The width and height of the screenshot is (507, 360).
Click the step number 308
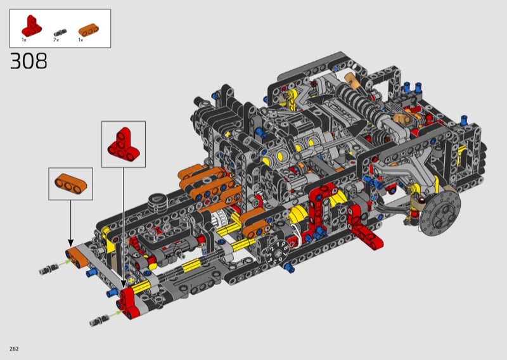(x=29, y=61)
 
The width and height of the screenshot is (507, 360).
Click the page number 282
(x=14, y=349)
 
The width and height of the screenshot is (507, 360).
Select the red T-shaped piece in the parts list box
(x=31, y=25)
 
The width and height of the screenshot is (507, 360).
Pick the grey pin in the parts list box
(x=60, y=32)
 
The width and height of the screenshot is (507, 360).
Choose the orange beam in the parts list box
(x=89, y=30)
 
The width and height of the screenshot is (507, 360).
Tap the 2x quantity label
(x=56, y=40)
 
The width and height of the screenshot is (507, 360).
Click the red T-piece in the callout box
(x=123, y=144)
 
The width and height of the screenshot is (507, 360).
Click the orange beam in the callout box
(x=71, y=184)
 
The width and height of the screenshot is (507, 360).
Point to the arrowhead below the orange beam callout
(x=70, y=243)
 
